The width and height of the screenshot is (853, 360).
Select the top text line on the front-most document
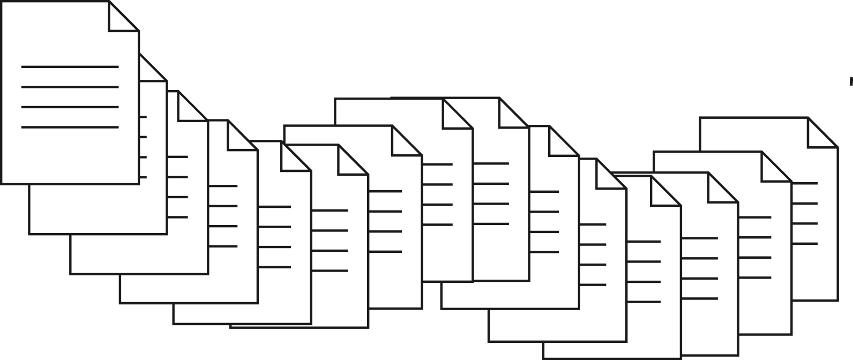[70, 67]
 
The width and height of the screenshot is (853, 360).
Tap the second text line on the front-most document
[70, 87]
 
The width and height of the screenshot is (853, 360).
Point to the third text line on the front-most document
[70, 107]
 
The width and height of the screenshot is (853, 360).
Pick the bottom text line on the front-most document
[70, 127]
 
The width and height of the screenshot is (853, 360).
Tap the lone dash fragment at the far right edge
[851, 80]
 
